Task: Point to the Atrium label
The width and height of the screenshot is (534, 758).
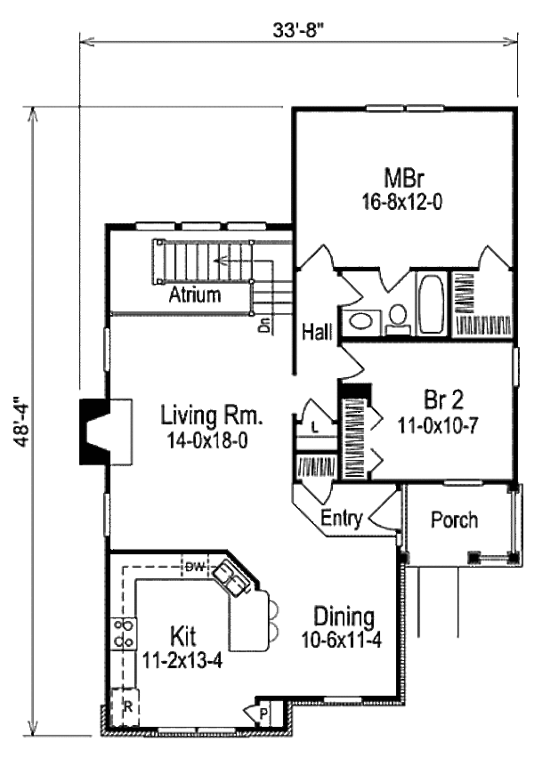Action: [195, 295]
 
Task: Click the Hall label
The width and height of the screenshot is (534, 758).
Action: [317, 332]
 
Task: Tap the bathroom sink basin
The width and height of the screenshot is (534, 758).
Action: [363, 321]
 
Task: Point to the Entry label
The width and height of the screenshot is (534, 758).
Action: [341, 520]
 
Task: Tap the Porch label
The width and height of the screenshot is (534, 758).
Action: [454, 519]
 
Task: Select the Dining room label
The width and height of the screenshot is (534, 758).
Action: [344, 616]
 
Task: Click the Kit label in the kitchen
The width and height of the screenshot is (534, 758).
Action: [182, 635]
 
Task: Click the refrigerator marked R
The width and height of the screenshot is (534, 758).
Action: [125, 709]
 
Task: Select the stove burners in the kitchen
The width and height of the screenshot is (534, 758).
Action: [123, 633]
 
